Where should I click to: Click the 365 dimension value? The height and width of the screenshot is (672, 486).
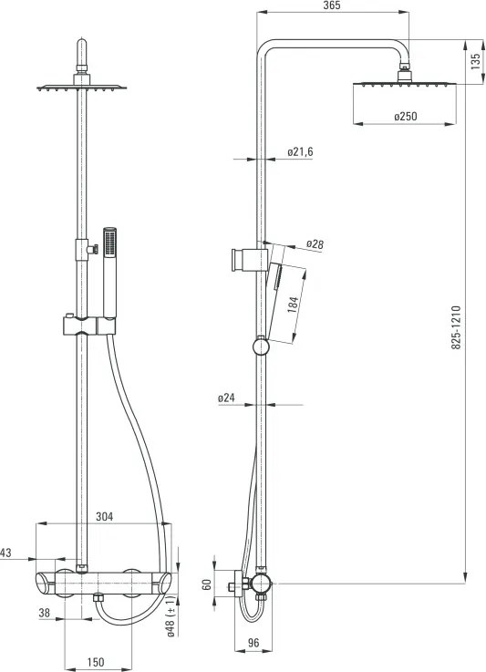[332, 5]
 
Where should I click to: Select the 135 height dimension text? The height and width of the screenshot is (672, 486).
[476, 62]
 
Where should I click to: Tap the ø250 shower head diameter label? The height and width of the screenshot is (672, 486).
[405, 116]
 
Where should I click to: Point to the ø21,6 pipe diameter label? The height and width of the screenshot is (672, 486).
[300, 151]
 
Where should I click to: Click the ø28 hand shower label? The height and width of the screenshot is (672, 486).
[315, 244]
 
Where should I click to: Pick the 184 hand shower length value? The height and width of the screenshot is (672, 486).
[293, 304]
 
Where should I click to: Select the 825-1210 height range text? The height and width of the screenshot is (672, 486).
[456, 327]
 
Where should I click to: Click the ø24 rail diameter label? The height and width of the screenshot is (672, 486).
[227, 398]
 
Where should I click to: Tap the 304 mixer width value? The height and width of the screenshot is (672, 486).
[105, 517]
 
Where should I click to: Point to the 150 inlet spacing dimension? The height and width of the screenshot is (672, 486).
[95, 662]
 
